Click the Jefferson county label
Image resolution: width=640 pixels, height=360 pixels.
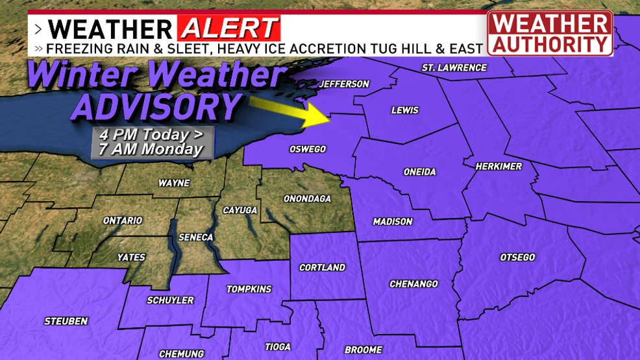(344, 84)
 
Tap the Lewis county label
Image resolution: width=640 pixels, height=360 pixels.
(404, 110)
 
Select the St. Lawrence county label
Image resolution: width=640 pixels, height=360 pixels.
(454, 67)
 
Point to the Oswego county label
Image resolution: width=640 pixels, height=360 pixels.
(307, 149)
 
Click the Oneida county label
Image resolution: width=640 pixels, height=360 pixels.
(419, 172)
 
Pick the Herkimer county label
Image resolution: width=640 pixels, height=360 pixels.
(498, 167)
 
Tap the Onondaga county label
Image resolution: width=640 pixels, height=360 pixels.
(307, 198)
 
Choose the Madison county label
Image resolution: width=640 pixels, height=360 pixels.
(392, 222)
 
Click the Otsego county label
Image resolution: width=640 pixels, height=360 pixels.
(517, 258)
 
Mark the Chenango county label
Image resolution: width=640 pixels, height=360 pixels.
(413, 284)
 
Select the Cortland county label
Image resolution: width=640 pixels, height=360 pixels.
(322, 267)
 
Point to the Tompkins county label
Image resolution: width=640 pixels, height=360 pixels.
(249, 289)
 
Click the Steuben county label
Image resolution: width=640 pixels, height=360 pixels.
(66, 321)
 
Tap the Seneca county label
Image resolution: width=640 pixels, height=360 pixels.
(195, 237)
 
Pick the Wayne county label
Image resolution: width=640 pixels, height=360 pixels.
(174, 184)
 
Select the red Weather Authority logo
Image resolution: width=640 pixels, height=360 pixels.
(550, 33)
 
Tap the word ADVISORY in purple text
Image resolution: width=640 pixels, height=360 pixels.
(156, 108)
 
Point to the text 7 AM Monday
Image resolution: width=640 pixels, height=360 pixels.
(151, 149)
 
